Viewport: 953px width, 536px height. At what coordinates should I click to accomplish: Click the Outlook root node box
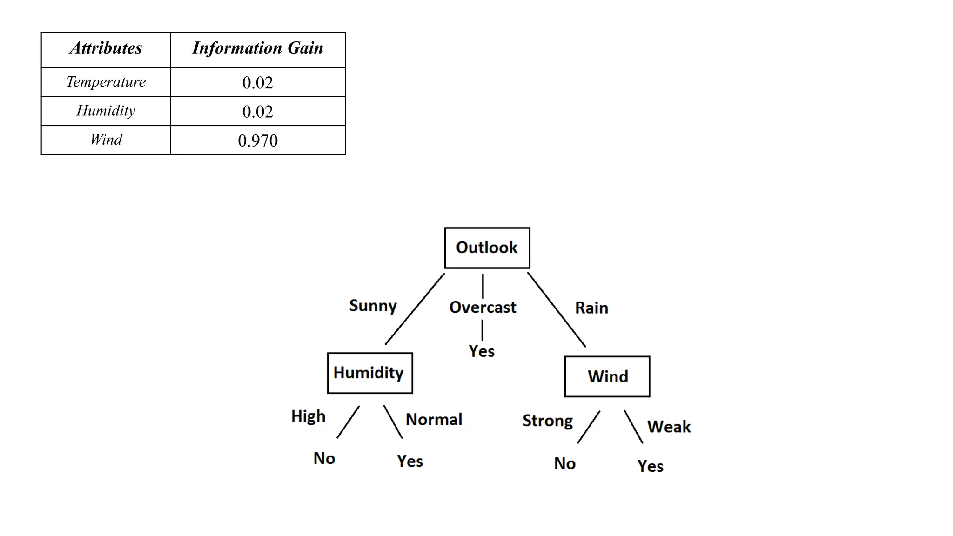pyautogui.click(x=487, y=248)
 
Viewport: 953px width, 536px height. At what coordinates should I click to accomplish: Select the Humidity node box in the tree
pyautogui.click(x=369, y=373)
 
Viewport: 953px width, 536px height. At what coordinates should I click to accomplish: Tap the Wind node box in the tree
pyautogui.click(x=607, y=376)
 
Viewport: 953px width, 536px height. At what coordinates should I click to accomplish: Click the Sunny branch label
pyautogui.click(x=373, y=306)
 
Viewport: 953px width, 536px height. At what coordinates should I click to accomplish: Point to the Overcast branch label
pyautogui.click(x=483, y=308)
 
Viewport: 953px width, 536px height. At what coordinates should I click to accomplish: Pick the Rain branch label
pyautogui.click(x=591, y=308)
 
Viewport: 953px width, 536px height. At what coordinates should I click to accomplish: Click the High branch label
pyautogui.click(x=308, y=416)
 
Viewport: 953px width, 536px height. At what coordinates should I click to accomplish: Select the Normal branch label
pyautogui.click(x=434, y=420)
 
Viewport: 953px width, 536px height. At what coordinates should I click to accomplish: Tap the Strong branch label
pyautogui.click(x=547, y=421)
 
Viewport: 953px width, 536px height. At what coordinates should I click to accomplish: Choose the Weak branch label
pyautogui.click(x=669, y=427)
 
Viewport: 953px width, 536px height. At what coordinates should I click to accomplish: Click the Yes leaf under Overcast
pyautogui.click(x=481, y=351)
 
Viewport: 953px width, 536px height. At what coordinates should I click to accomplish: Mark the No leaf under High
pyautogui.click(x=324, y=458)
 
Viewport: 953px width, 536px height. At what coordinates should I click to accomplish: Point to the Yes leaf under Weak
pyautogui.click(x=650, y=466)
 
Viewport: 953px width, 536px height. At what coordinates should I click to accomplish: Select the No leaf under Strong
pyautogui.click(x=564, y=463)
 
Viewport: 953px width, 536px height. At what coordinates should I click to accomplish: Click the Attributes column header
pyautogui.click(x=106, y=48)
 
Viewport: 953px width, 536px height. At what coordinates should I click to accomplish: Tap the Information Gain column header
pyautogui.click(x=257, y=48)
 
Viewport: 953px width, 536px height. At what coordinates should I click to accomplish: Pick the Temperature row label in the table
pyautogui.click(x=106, y=82)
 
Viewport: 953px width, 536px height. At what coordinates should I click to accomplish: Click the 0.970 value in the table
pyautogui.click(x=257, y=141)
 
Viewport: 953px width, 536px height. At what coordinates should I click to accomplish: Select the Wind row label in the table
pyautogui.click(x=106, y=140)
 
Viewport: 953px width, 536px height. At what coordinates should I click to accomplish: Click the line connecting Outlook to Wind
pyautogui.click(x=556, y=309)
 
